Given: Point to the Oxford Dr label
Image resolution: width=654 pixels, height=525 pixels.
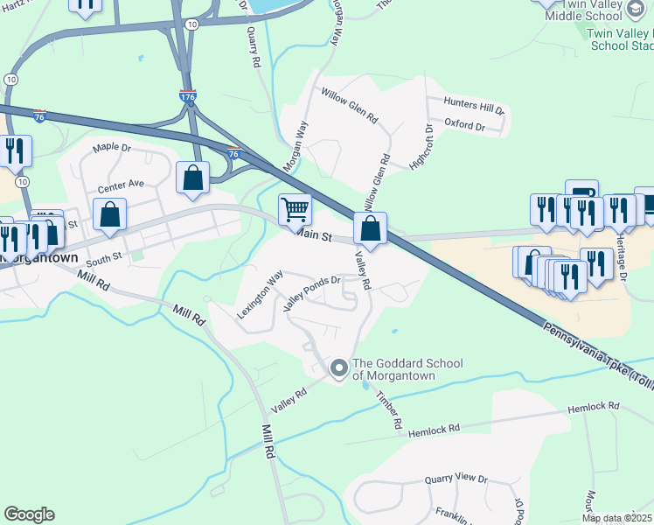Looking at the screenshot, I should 464,126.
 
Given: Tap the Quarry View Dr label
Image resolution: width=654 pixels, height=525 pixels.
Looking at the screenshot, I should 456,479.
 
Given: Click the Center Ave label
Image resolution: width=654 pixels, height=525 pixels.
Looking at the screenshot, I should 121,185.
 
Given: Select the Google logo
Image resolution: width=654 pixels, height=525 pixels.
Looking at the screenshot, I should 29,514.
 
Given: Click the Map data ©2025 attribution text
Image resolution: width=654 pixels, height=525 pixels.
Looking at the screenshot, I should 616,518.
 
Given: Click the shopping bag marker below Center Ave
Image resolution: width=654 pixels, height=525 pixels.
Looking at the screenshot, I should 109,215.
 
